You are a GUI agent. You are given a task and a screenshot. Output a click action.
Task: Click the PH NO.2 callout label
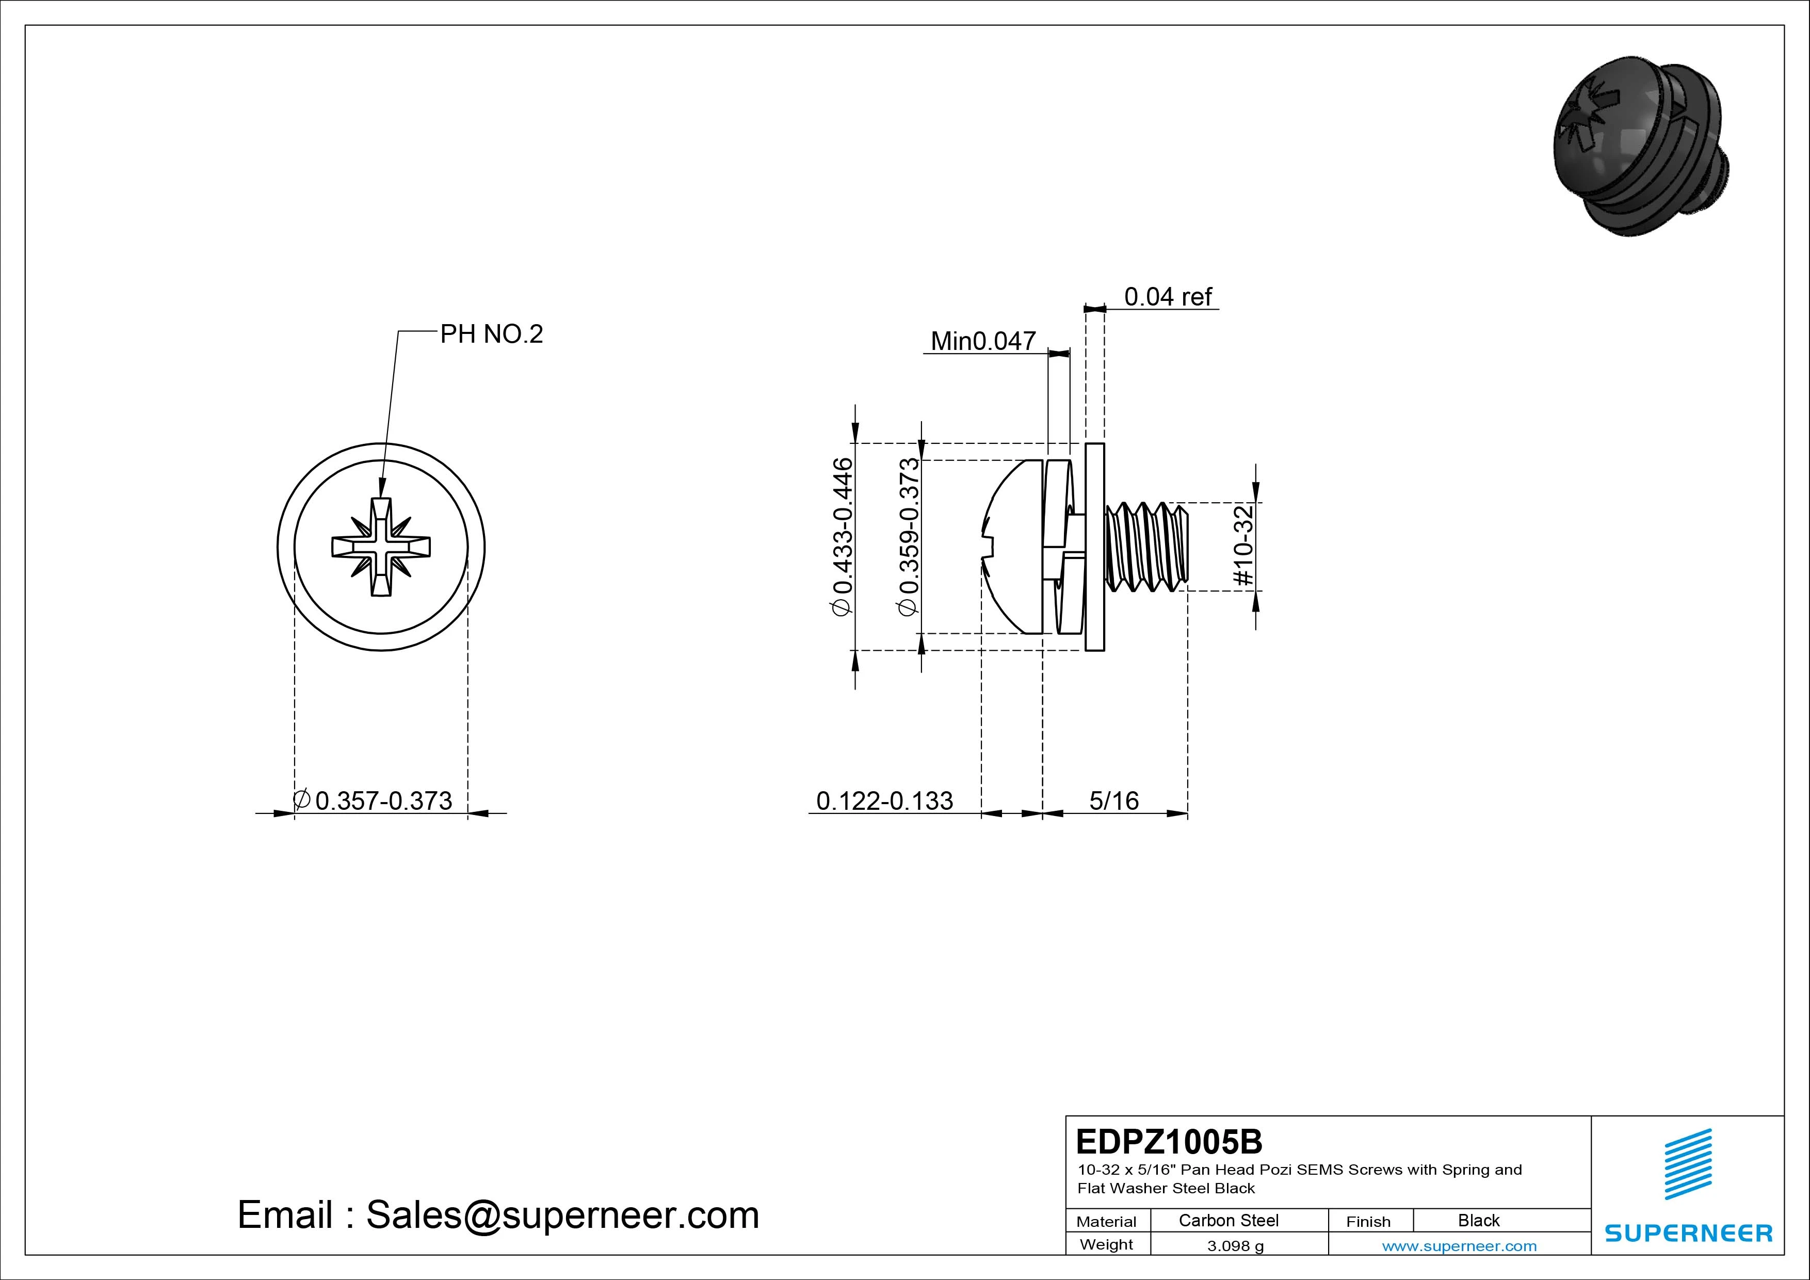point(491,334)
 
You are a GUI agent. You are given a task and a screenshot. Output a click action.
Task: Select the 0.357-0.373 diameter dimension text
point(383,801)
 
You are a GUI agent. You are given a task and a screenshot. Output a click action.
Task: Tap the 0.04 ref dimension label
point(1168,297)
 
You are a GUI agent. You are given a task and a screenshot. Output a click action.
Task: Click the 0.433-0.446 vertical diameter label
point(843,536)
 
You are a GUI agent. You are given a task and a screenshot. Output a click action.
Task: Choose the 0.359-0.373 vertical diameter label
point(909,536)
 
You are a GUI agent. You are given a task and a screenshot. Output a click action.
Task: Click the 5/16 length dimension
point(1114,801)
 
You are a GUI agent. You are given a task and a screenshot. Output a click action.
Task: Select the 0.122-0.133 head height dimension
point(884,801)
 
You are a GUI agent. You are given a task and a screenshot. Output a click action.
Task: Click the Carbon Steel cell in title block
point(1228,1220)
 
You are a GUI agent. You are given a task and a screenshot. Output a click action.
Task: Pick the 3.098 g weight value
point(1235,1246)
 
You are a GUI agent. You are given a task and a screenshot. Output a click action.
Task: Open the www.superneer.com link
point(1459,1246)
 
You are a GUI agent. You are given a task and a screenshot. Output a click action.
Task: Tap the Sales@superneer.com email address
point(562,1214)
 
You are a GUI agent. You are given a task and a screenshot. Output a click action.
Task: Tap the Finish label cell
point(1368,1221)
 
